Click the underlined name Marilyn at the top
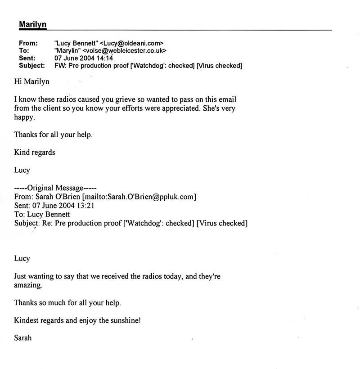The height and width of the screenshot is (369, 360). tap(32, 24)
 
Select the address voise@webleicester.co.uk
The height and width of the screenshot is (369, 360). tap(128, 51)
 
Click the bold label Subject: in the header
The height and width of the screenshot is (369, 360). tap(31, 66)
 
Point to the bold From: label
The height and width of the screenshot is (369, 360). tap(28, 43)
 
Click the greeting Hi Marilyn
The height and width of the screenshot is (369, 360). tap(31, 82)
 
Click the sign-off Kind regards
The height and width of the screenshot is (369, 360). tap(35, 152)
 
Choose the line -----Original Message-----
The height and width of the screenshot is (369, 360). tap(55, 188)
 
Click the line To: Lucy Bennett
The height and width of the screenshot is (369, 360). tap(41, 215)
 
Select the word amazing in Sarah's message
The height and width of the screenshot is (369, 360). tap(28, 285)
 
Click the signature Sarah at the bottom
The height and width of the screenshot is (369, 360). tap(23, 337)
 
